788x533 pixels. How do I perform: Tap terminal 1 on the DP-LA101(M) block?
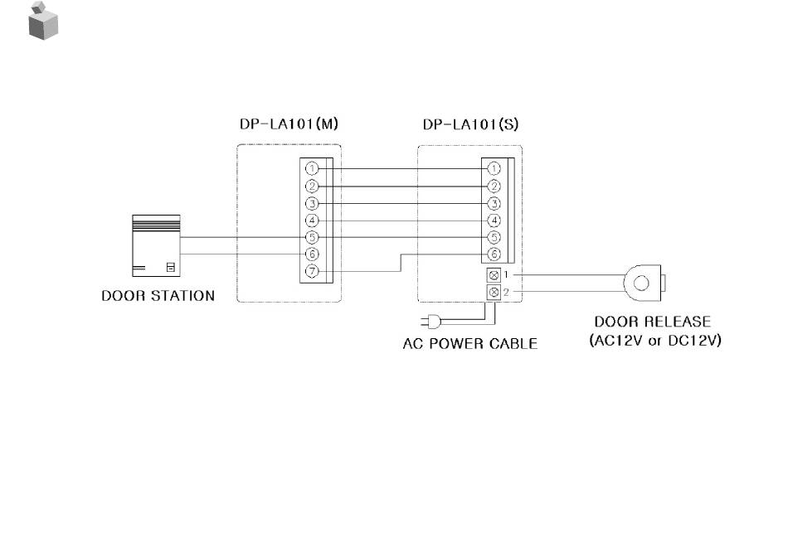click(x=312, y=168)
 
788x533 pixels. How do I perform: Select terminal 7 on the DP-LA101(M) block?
click(x=312, y=272)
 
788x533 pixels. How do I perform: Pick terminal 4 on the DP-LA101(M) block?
click(x=312, y=220)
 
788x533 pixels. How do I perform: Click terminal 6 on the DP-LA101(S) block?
click(x=494, y=254)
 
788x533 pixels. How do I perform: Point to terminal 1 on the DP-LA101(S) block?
click(x=494, y=168)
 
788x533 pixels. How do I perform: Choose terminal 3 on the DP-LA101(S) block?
click(x=494, y=203)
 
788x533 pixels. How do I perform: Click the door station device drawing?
click(x=156, y=245)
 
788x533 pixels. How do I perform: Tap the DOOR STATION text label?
click(x=158, y=296)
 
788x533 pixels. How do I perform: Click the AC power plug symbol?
click(x=429, y=323)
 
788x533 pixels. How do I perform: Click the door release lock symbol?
click(x=642, y=283)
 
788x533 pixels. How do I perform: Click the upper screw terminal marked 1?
click(x=494, y=274)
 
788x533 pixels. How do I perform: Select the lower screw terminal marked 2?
click(x=494, y=293)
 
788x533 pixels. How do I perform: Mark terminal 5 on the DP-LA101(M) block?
click(x=312, y=237)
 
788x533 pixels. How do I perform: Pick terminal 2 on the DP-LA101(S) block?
click(x=494, y=186)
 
